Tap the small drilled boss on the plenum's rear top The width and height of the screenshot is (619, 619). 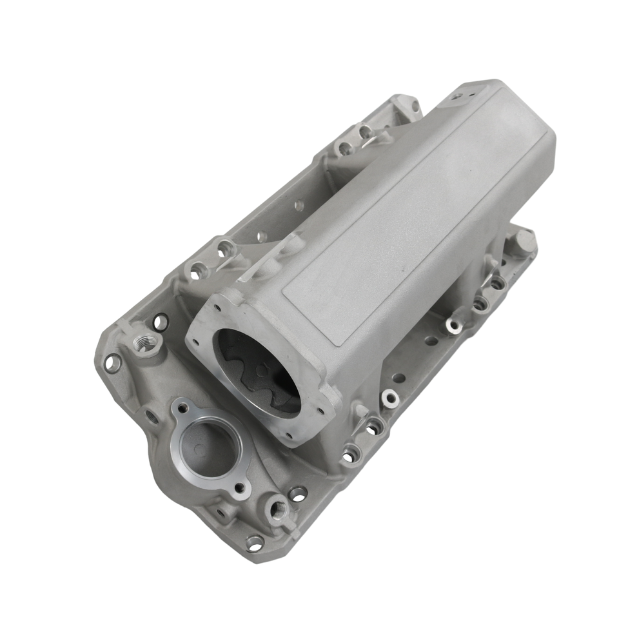tap(457, 96)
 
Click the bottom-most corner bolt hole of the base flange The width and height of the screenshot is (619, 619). tap(255, 543)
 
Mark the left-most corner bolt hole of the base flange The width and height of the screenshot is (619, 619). tap(112, 363)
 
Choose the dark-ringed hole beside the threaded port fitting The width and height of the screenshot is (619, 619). tap(160, 320)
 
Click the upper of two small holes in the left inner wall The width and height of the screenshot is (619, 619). tap(299, 206)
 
